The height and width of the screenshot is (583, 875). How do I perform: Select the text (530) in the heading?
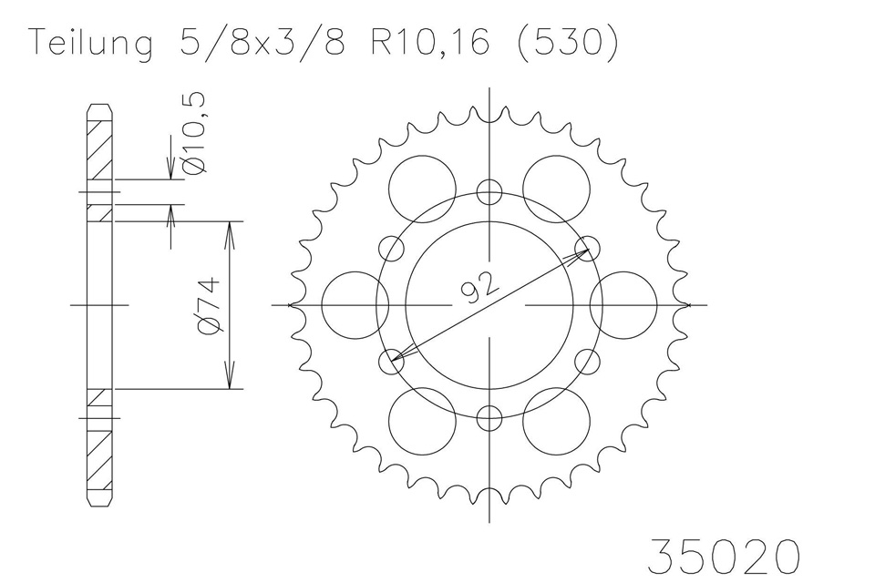coord(568,42)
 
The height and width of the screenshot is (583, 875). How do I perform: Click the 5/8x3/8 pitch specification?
coord(262,42)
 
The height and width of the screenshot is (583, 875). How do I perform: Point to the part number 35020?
coord(724,556)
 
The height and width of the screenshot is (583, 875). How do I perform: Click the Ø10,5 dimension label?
coord(197,133)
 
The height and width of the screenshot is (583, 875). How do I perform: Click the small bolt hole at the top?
coord(489,192)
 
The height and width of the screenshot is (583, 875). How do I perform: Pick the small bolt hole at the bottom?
coord(489,418)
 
